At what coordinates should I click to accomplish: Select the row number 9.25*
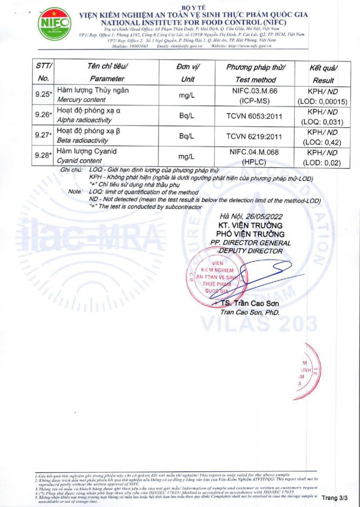pos(44,95)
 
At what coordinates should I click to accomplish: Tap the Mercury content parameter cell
pos(81,95)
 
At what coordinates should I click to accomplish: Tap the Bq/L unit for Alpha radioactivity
pos(187,115)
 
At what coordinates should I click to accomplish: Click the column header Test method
pos(256,79)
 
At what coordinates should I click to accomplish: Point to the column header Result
pos(323,80)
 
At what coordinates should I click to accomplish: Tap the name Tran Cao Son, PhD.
pos(250,312)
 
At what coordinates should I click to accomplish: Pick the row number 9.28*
pos(44,155)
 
